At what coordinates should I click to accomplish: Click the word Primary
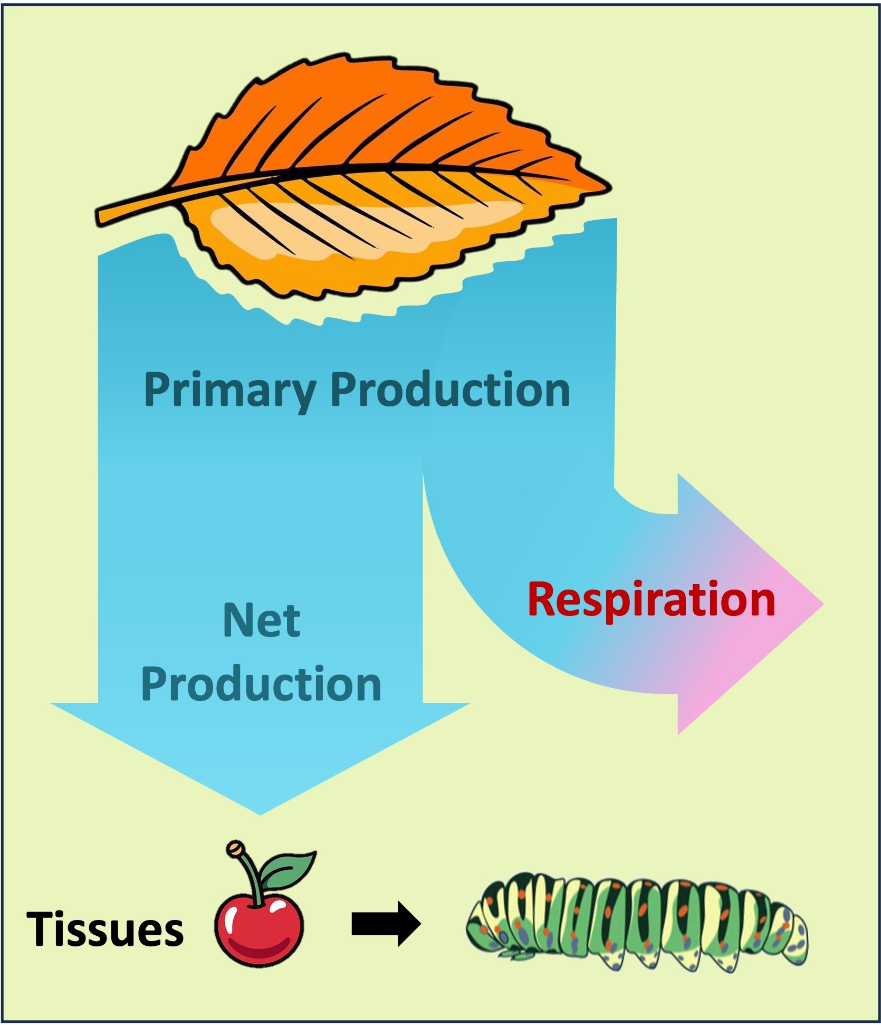coord(229,390)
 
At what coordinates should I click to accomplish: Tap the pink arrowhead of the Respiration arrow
coord(760,604)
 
